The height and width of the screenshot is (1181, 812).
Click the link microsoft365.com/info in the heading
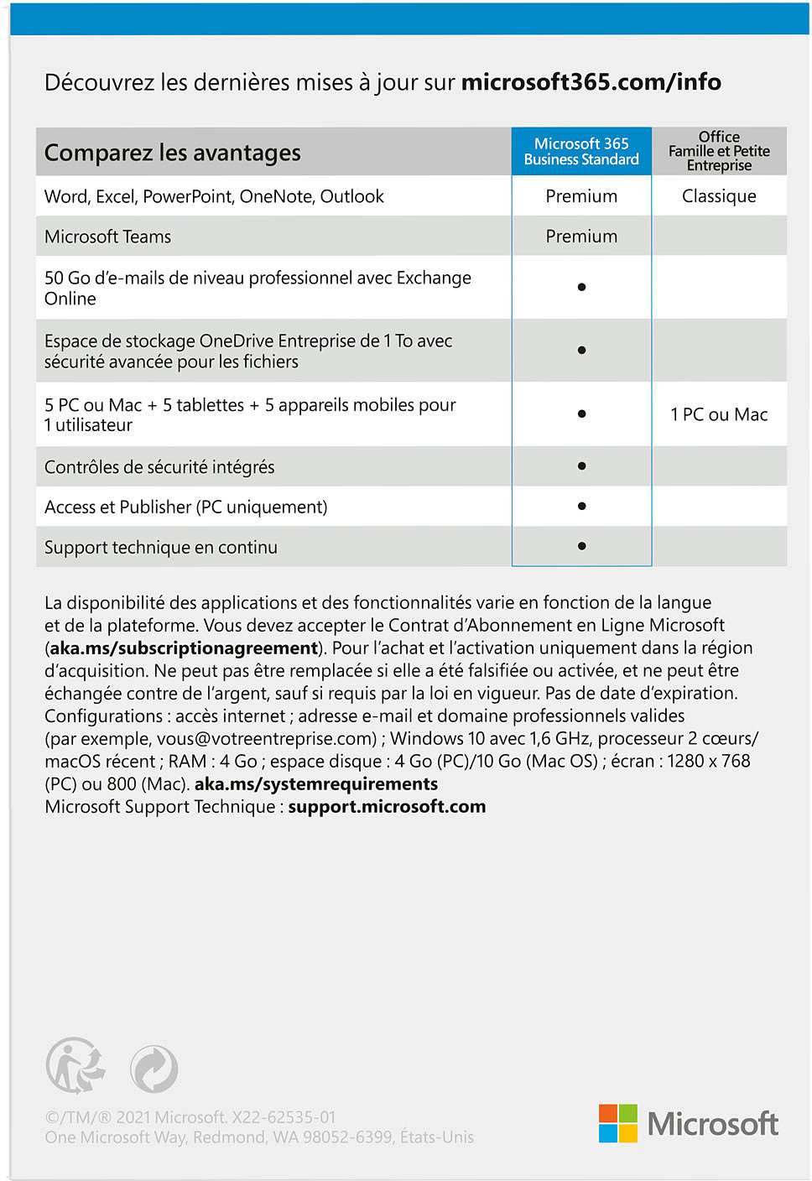[x=591, y=82]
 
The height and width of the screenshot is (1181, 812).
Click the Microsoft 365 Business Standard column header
[x=581, y=152]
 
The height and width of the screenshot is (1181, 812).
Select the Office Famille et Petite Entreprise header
[x=719, y=151]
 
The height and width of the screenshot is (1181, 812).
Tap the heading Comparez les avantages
[x=172, y=153]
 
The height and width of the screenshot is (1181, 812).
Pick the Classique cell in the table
[x=719, y=196]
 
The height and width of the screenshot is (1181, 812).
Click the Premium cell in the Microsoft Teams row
[x=581, y=237]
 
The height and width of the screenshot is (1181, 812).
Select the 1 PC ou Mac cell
[x=719, y=414]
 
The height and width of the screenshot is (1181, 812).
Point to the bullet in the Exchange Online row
[x=581, y=287]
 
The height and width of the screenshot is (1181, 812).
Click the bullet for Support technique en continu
[x=581, y=546]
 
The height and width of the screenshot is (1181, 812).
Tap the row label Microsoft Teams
[x=107, y=237]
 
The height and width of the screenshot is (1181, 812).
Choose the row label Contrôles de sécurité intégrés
[x=159, y=467]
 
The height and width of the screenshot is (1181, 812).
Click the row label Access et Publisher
[x=185, y=507]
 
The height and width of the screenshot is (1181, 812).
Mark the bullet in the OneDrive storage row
[x=581, y=350]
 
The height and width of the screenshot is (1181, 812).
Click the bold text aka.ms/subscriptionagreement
[x=184, y=648]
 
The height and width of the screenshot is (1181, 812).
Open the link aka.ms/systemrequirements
[x=316, y=784]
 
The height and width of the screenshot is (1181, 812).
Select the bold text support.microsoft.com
[x=387, y=807]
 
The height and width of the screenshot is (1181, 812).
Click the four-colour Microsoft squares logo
[x=618, y=1123]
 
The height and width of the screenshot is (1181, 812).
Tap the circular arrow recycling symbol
[x=154, y=1069]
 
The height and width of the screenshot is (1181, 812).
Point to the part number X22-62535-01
[x=284, y=1117]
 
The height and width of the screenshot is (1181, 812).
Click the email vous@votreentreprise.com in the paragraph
[x=266, y=739]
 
